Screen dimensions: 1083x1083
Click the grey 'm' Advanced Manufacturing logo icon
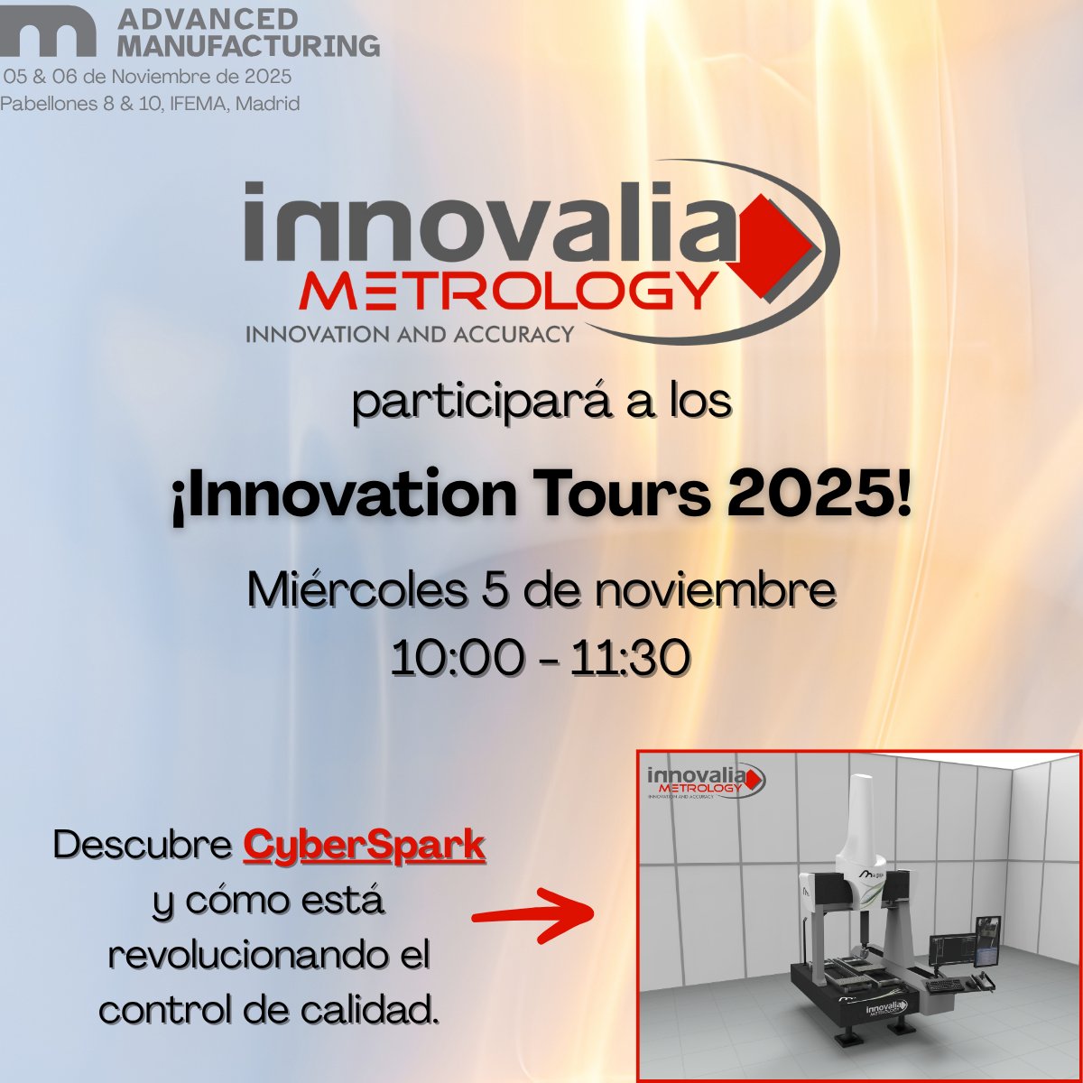49,34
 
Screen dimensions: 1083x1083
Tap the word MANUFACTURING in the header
248,44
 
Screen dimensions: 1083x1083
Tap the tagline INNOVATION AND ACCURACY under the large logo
410,334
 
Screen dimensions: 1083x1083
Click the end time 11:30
631,657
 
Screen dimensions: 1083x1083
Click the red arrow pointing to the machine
532,912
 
